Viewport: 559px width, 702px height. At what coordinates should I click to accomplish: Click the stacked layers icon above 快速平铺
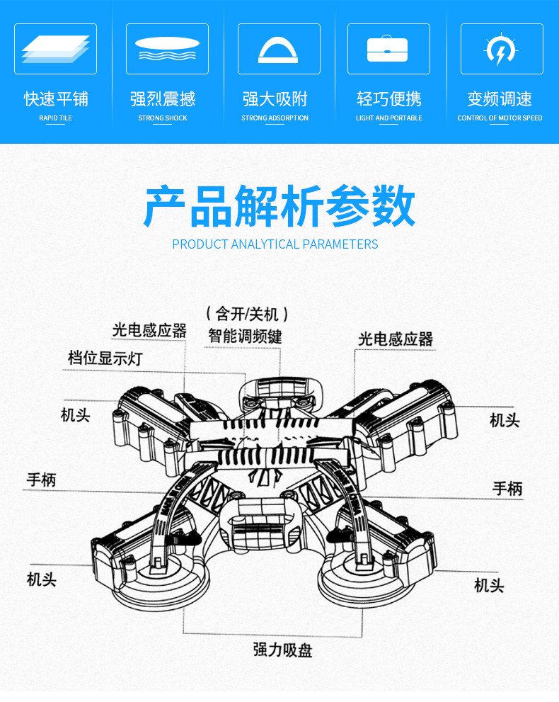[x=55, y=49]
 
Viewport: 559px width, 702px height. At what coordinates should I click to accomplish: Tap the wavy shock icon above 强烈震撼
[x=167, y=49]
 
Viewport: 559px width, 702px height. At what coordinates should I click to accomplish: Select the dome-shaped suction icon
[x=279, y=49]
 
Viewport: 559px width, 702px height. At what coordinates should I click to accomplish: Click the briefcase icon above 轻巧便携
[x=388, y=49]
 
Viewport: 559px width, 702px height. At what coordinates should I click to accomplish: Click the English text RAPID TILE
[x=55, y=118]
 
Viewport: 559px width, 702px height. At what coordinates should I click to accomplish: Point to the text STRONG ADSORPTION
[x=275, y=118]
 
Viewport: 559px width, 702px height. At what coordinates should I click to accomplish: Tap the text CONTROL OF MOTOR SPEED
[x=500, y=118]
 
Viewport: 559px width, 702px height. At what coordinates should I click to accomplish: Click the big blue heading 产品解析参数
[x=279, y=206]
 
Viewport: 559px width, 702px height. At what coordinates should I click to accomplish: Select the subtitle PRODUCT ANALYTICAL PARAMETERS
[x=275, y=244]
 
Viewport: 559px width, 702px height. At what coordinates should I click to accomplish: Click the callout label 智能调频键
[x=245, y=336]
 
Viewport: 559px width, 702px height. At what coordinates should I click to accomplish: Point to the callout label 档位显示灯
[x=105, y=358]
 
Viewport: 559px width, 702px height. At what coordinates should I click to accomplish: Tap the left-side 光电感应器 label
[x=149, y=330]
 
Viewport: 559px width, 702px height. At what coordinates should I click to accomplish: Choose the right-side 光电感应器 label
[x=395, y=339]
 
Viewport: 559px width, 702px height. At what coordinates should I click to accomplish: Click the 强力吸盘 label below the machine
[x=283, y=650]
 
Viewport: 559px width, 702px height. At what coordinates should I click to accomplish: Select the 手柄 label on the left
[x=41, y=480]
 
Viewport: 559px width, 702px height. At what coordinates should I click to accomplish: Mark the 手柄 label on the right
[x=507, y=488]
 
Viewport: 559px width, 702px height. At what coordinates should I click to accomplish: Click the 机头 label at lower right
[x=489, y=586]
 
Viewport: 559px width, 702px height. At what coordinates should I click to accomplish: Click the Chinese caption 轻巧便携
[x=388, y=99]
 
